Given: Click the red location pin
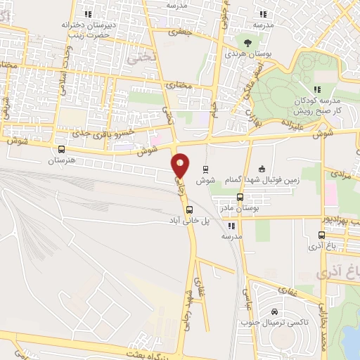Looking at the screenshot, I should [181, 165].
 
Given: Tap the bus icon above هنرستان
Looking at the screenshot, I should [62, 150].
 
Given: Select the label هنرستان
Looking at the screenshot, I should [61, 161].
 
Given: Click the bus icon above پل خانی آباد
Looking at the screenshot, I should [188, 209].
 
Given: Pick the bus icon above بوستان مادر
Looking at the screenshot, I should [240, 198].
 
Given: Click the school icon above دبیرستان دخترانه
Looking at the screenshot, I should [88, 13].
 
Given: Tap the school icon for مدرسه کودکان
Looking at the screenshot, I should [316, 89].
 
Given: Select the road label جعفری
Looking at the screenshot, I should [181, 32].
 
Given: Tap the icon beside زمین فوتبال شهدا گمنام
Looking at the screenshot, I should [262, 168].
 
